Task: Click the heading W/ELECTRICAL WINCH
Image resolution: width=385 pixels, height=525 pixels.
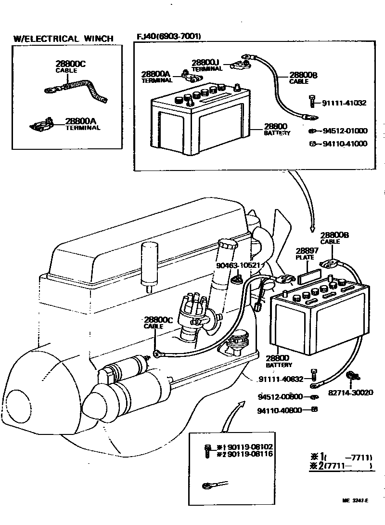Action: (64, 39)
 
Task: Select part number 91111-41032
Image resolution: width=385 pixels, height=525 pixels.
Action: (344, 103)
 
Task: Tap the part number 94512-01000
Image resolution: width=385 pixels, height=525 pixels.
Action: (345, 131)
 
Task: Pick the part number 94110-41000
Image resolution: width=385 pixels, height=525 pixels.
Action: (345, 144)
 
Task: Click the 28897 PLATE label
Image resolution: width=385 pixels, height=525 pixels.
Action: (305, 254)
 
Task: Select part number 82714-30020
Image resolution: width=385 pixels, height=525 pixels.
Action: (350, 393)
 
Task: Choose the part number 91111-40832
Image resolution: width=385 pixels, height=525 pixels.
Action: (281, 379)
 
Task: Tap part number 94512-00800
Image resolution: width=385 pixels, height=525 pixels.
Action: (280, 397)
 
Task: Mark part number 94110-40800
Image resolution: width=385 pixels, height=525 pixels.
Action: (280, 411)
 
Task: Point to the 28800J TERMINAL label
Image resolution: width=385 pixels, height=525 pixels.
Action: (206, 65)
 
